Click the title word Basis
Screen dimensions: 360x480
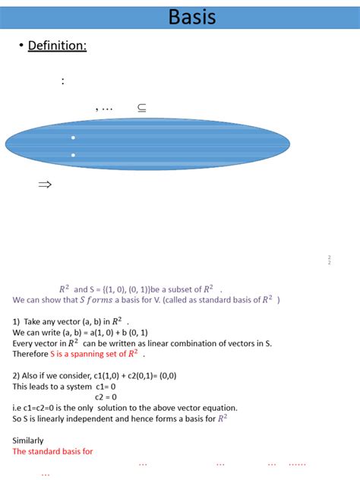click(x=192, y=17)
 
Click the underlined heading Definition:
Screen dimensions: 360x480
click(x=57, y=46)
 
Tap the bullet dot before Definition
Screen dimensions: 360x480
click(x=21, y=47)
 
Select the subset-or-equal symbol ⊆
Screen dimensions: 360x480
click(x=142, y=108)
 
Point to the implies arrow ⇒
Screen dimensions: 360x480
click(x=45, y=184)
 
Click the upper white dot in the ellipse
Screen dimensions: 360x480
click(x=73, y=137)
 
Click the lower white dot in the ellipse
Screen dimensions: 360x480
click(x=73, y=155)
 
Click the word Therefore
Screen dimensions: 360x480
click(x=30, y=353)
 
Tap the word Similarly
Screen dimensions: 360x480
click(x=28, y=440)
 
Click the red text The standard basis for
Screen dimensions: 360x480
click(x=52, y=451)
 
